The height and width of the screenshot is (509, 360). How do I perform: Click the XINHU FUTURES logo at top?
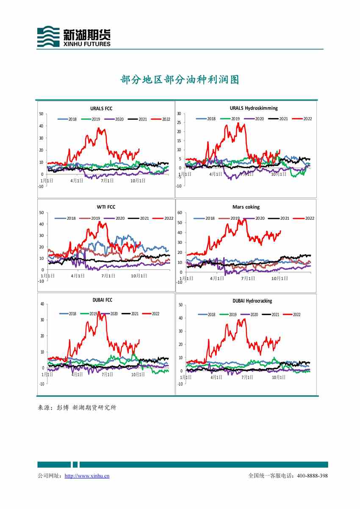(x=74, y=36)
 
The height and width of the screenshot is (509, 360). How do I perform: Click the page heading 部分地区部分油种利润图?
(x=180, y=80)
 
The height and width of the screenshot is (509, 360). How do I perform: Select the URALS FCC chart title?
(x=101, y=109)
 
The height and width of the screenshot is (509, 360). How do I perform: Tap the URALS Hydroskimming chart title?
(x=254, y=108)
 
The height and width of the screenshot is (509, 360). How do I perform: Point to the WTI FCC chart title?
(x=106, y=207)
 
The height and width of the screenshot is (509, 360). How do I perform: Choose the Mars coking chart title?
(x=246, y=207)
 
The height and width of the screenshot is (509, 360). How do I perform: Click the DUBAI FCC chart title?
(x=102, y=300)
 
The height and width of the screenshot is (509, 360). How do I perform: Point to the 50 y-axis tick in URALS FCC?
(x=41, y=113)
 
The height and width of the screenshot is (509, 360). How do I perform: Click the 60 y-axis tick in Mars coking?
(x=180, y=213)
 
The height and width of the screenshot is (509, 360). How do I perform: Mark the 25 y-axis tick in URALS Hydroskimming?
(x=179, y=123)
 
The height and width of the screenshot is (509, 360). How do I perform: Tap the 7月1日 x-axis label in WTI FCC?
(x=108, y=276)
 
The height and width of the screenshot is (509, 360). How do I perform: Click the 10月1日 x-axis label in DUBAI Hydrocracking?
(x=278, y=377)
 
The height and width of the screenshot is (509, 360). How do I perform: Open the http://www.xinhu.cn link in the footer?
(x=87, y=476)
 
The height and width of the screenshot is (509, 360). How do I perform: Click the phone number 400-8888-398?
(x=312, y=476)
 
